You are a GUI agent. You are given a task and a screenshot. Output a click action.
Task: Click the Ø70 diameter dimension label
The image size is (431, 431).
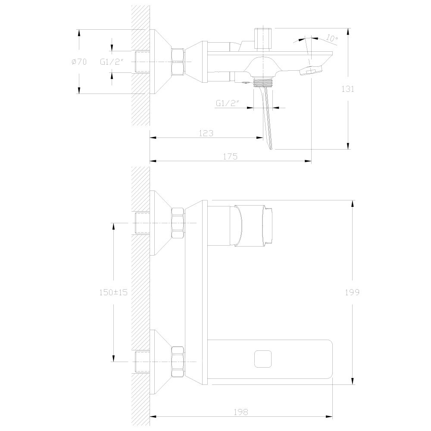(79, 62)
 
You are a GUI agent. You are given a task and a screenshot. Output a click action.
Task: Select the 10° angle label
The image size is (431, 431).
(331, 38)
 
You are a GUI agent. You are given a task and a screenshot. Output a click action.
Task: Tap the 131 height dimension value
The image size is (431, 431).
(348, 89)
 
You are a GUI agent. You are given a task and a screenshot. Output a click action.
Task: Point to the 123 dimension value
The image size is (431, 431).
(206, 133)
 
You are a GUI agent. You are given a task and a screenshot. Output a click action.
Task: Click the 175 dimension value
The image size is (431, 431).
(230, 156)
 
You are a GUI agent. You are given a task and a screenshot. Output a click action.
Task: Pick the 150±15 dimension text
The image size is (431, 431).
(113, 292)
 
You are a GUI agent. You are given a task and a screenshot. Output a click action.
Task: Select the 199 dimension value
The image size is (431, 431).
(352, 293)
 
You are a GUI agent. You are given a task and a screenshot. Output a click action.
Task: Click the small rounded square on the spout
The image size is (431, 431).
(263, 359)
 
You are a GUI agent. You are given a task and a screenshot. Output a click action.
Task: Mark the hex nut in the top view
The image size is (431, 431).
(178, 62)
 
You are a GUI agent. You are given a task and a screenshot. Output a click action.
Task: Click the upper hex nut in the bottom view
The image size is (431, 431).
(178, 223)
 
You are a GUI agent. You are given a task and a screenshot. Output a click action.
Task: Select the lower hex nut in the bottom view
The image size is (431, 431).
(178, 362)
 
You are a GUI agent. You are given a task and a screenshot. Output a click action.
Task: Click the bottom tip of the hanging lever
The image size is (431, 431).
(271, 149)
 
